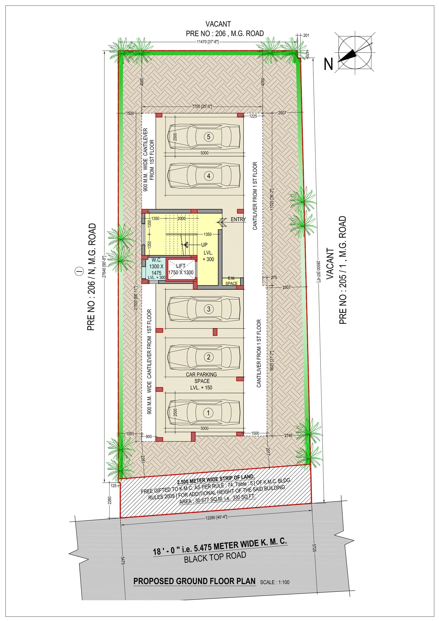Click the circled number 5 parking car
208,137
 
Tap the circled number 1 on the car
208,413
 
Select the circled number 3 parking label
208,309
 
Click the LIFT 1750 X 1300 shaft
181,270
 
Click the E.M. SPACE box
231,281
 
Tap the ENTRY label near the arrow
238,219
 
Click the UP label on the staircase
204,245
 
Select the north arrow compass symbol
355,53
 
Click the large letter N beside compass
328,64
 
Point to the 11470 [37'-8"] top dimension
207,42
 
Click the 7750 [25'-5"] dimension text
202,106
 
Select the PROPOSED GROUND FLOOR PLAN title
194,581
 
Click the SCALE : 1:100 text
275,582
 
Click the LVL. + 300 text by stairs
208,256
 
